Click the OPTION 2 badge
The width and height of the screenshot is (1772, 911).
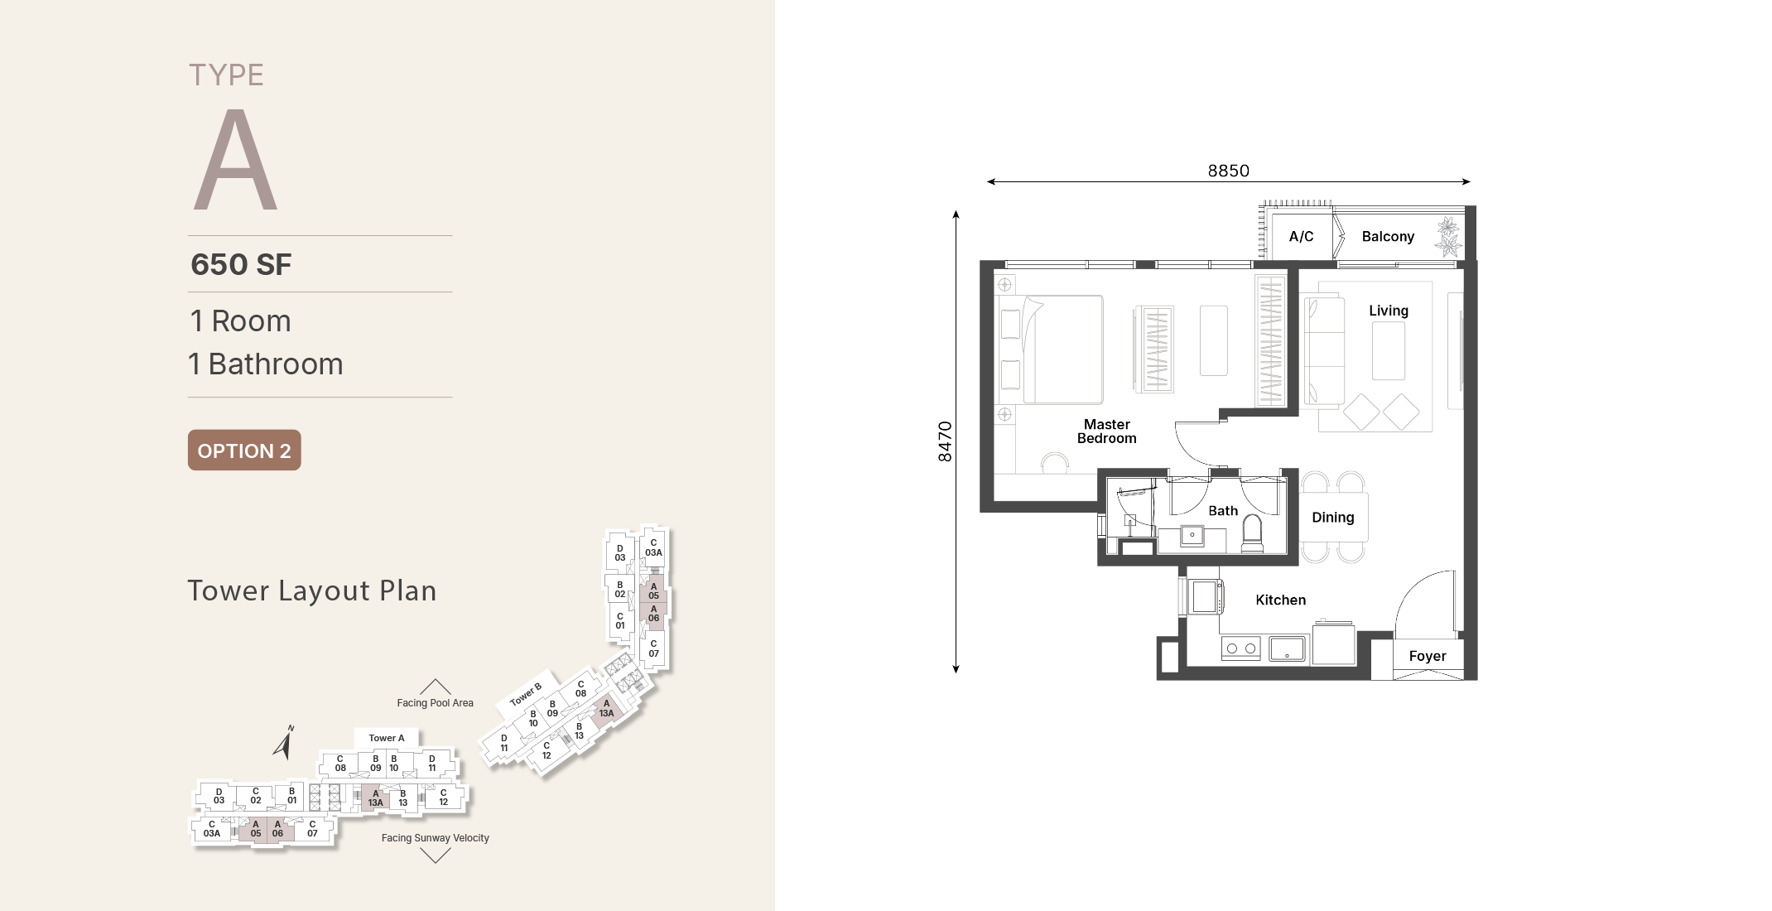pos(244,450)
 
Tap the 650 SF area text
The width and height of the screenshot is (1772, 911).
pos(241,264)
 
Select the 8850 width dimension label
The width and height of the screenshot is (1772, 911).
pos(1228,171)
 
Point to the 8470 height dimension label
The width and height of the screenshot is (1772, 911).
pos(945,441)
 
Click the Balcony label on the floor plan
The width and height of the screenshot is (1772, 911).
pos(1388,237)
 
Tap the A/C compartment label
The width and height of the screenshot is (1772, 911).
pos(1301,237)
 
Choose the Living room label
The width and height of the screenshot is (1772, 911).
pos(1389,311)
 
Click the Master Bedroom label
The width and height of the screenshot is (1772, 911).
pos(1107,431)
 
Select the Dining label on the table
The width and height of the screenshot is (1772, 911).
pos(1333,518)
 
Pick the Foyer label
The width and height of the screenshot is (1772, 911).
pos(1428,656)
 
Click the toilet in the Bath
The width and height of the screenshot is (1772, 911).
pos(1252,534)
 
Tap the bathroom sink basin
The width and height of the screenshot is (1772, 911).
pos(1192,536)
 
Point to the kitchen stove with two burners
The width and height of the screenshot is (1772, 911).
pos(1241,648)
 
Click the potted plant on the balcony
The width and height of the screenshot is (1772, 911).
pos(1449,237)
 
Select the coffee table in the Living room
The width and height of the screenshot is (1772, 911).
pos(1389,350)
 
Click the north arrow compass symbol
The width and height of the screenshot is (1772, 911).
pos(284,743)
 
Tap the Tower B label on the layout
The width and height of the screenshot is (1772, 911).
pos(526,694)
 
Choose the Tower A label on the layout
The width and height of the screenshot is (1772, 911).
pos(387,738)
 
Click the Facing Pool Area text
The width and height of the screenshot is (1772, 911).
pos(435,703)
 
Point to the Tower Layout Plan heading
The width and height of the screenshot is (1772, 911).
pos(312,590)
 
